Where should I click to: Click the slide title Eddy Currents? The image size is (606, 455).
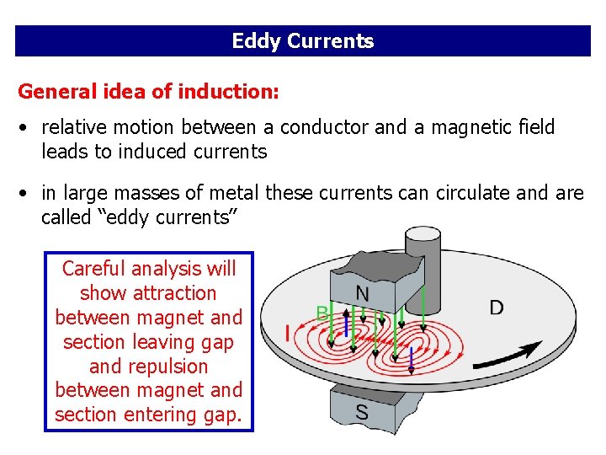pos(303,41)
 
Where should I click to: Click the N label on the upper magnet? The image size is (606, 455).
pos(361,293)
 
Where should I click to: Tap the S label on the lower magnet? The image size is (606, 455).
pos(361,413)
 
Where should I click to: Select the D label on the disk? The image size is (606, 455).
pos(497,308)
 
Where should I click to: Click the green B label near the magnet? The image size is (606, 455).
pos(322,313)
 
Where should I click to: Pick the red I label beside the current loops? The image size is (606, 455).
pos(288,334)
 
